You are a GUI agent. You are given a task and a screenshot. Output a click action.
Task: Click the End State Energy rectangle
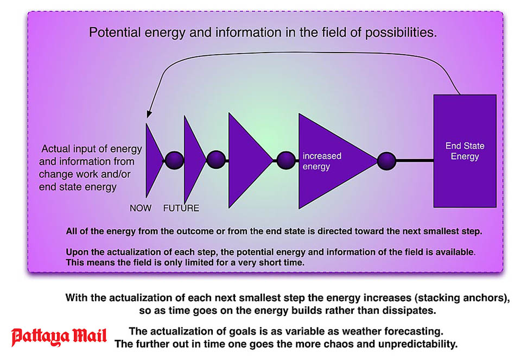(465, 151)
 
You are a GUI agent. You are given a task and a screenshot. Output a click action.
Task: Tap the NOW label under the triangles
(141, 208)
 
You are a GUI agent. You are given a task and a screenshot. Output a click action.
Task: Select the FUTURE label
(181, 208)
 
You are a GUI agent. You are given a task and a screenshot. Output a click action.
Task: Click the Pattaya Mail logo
(59, 337)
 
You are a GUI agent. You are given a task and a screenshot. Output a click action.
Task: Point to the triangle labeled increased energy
(332, 161)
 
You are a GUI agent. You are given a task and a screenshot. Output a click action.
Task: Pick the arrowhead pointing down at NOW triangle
(149, 113)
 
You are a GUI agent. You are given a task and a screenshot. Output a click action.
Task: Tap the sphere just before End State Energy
(386, 161)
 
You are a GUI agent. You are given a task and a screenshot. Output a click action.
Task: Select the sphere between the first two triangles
(174, 161)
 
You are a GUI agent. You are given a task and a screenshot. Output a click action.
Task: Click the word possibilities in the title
(401, 33)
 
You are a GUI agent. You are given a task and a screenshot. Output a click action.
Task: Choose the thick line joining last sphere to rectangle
(415, 161)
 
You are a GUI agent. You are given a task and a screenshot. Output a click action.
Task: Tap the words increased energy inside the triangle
(322, 161)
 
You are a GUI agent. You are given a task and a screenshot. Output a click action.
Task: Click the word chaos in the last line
(359, 344)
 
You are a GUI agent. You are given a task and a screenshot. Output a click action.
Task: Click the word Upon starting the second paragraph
(76, 252)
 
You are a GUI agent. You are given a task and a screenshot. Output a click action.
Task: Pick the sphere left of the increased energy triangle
(286, 161)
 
